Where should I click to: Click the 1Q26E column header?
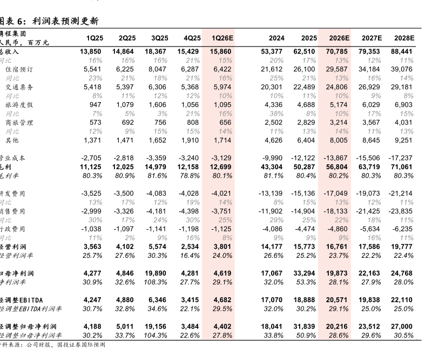[x=222, y=38]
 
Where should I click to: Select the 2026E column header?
[x=340, y=38]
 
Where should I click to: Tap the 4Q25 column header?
[x=192, y=38]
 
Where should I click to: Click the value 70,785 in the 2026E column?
[x=339, y=51]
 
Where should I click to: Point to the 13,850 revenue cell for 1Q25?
[x=91, y=51]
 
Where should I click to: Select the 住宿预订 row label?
[x=19, y=69]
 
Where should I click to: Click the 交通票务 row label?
[x=19, y=87]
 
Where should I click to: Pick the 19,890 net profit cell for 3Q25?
[x=158, y=273]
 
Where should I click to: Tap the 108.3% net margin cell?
[x=158, y=282]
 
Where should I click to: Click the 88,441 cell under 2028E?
[x=401, y=51]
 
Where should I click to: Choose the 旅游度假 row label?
[x=19, y=104]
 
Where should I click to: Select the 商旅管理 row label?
[x=19, y=122]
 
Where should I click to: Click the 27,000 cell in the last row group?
[x=401, y=326]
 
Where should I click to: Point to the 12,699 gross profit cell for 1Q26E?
[x=222, y=167]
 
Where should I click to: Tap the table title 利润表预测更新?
[x=65, y=22]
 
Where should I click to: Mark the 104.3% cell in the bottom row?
[x=158, y=335]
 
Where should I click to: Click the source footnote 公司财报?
[x=41, y=344]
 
